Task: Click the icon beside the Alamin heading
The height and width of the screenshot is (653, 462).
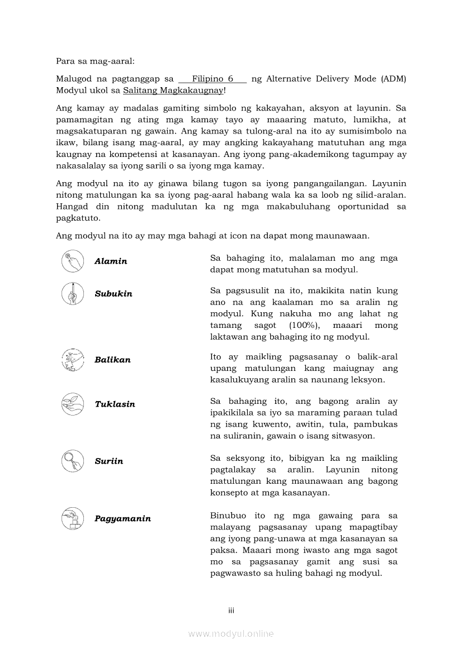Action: point(72,261)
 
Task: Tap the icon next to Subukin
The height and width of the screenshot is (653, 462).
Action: point(72,293)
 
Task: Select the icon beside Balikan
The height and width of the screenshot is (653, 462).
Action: point(72,360)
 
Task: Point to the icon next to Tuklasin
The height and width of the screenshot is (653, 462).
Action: point(72,404)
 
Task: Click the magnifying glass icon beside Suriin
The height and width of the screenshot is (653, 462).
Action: point(72,461)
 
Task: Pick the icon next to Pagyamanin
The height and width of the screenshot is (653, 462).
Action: point(72,518)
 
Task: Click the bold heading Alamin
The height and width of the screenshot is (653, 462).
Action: point(111,261)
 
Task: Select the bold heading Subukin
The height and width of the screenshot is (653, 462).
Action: point(114,294)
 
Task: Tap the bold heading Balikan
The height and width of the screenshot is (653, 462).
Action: point(112,360)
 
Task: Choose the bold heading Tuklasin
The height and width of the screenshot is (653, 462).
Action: point(115,404)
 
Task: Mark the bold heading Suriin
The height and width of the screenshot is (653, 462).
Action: point(109,461)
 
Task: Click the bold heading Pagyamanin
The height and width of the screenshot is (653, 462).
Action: point(122,519)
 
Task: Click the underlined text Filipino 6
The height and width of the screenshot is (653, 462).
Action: point(213,79)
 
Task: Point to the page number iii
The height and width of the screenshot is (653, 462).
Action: point(231,611)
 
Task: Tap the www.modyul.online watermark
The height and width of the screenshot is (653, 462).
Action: point(231,634)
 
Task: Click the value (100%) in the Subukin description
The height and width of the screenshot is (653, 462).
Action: point(304,325)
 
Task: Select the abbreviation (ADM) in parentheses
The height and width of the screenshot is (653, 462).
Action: point(394,79)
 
